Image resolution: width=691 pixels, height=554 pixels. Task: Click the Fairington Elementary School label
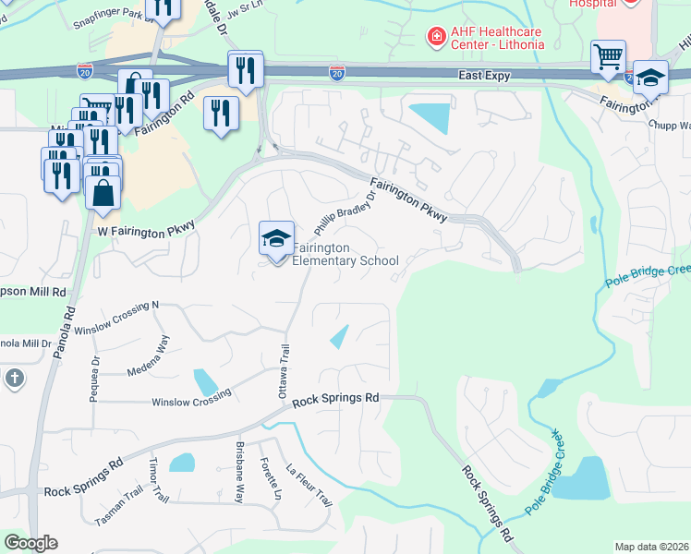[345, 255]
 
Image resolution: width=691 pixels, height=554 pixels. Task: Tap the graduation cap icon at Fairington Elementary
[275, 239]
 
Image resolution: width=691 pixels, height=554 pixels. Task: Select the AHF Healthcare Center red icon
[433, 37]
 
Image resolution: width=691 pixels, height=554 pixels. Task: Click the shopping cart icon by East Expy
[608, 57]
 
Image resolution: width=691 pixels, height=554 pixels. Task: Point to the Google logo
[30, 543]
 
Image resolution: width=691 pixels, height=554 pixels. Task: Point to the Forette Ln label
[271, 478]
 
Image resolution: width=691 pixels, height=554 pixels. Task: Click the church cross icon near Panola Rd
[14, 378]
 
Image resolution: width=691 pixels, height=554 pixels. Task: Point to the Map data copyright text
[651, 547]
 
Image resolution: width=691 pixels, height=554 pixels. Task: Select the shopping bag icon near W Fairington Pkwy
[103, 193]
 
